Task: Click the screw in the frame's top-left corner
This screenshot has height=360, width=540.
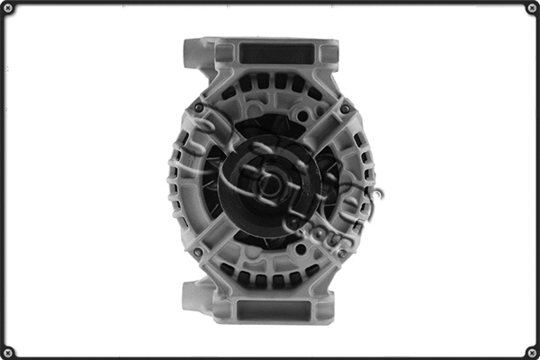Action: pos(9,9)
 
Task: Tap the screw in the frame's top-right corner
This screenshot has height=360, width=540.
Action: pos(531,9)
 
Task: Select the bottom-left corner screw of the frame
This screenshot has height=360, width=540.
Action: pos(9,351)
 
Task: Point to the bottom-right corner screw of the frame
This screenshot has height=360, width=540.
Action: pos(531,351)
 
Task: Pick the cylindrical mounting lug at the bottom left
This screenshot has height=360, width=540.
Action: pos(193,295)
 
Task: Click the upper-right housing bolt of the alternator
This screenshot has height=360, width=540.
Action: pos(345,108)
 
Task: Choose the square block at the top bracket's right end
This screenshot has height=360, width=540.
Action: pos(329,54)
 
